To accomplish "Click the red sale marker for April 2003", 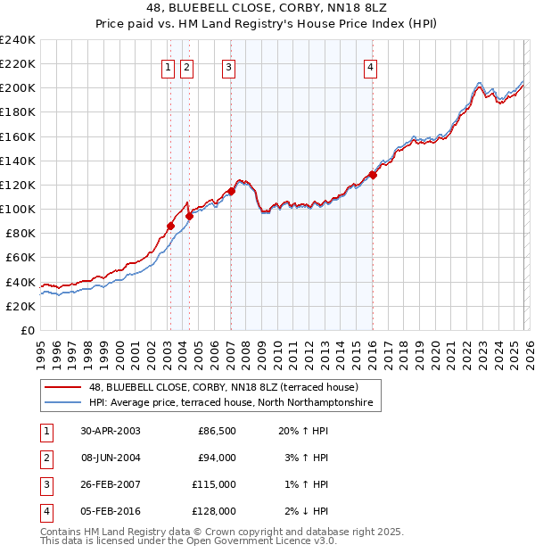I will pyautogui.click(x=170, y=226).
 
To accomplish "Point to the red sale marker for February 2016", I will pyautogui.click(x=373, y=175).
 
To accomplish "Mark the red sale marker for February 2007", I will pyautogui.click(x=231, y=191).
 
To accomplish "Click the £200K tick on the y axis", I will pyautogui.click(x=18, y=88).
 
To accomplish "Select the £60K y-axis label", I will pyautogui.click(x=21, y=258).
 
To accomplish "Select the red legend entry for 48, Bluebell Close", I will pyautogui.click(x=223, y=388).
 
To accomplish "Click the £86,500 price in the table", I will pyautogui.click(x=217, y=430).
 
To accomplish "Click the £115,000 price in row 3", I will pyautogui.click(x=215, y=484).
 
